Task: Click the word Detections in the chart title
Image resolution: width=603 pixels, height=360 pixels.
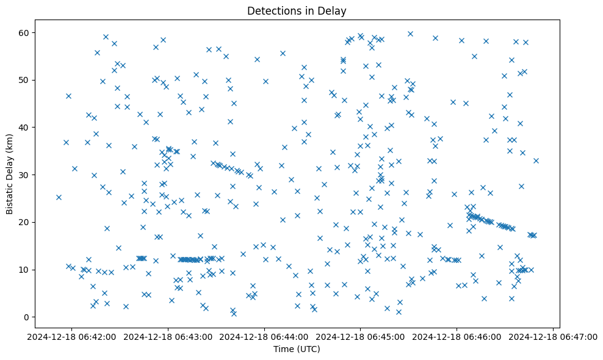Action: (x=270, y=10)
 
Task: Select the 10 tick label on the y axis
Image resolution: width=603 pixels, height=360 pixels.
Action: (x=27, y=270)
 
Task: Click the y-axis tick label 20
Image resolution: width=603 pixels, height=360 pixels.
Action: (x=27, y=222)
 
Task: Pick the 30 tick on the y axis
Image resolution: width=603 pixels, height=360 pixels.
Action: (x=27, y=175)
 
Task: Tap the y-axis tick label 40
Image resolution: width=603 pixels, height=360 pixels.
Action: (x=27, y=128)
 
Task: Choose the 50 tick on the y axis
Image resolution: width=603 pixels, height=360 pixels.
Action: (x=27, y=80)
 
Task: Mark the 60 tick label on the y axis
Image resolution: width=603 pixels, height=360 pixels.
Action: (x=27, y=32)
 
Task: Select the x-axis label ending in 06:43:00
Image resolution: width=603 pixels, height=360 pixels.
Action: (x=168, y=336)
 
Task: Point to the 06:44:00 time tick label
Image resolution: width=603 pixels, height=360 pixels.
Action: (x=264, y=336)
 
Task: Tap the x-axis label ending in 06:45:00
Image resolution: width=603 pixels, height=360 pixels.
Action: (x=361, y=336)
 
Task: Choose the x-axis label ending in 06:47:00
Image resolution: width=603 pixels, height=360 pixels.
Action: (x=553, y=336)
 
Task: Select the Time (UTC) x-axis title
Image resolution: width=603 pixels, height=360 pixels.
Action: (x=296, y=349)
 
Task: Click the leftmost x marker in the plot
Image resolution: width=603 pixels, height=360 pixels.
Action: (x=59, y=197)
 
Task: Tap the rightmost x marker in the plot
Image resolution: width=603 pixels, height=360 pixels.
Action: (x=536, y=160)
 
